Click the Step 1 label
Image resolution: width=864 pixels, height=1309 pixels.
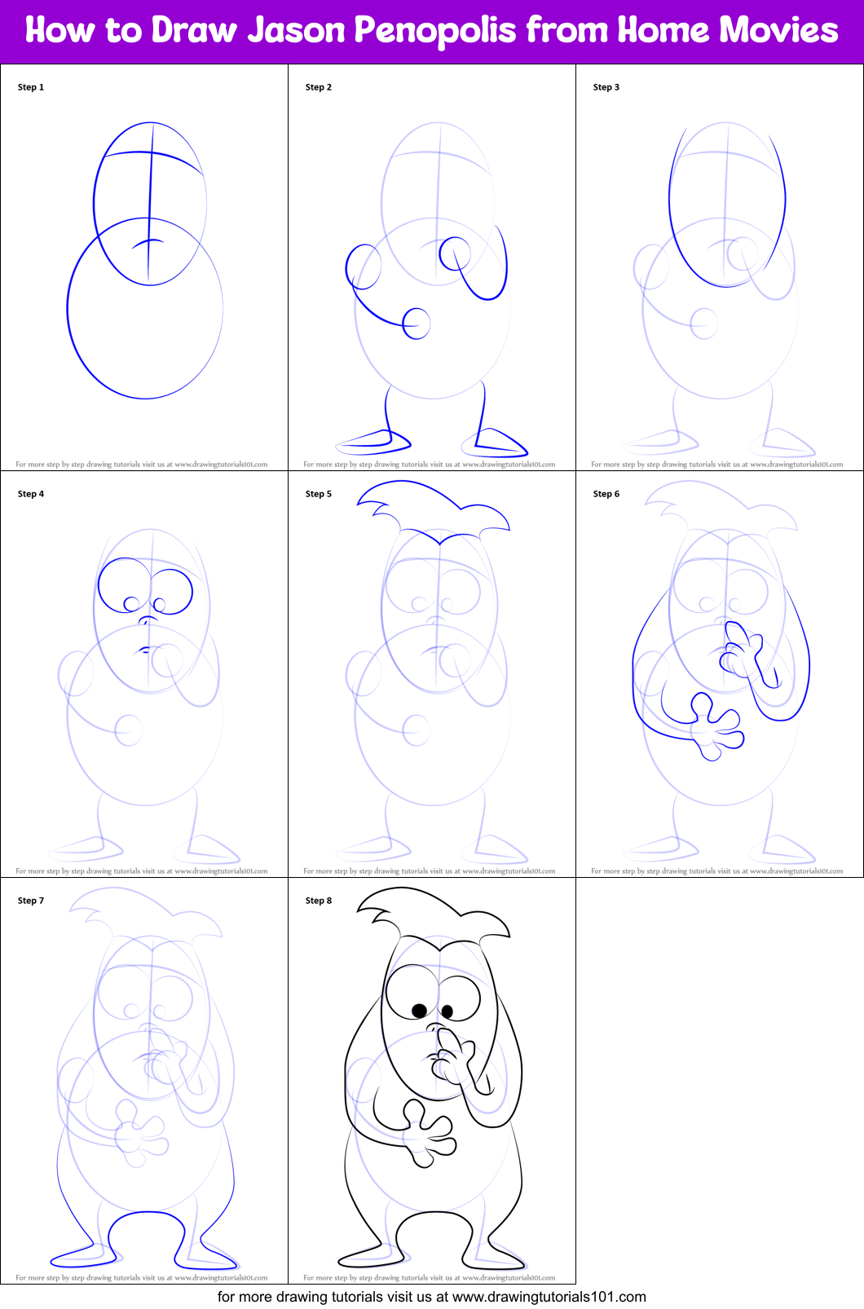coord(31,87)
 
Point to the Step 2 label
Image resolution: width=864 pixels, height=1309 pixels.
coord(319,87)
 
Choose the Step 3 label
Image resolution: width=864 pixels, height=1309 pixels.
coord(606,87)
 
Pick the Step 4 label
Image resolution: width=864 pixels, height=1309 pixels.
coord(31,494)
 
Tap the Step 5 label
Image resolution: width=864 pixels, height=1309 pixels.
coord(319,494)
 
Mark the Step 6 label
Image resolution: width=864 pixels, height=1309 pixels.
coord(606,494)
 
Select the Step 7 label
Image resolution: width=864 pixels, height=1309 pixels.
coord(31,901)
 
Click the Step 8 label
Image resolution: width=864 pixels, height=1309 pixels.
coord(319,901)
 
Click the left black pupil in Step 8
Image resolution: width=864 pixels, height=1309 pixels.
coord(419,1011)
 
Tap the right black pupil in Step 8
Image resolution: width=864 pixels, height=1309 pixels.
coord(447,1011)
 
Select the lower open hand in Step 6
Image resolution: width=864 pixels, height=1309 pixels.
coord(713,727)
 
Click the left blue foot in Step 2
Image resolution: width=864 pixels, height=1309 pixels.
coord(373,443)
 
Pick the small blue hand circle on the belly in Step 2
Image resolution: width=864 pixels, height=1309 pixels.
coord(417,324)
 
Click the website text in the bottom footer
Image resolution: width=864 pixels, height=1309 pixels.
coord(549,1296)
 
